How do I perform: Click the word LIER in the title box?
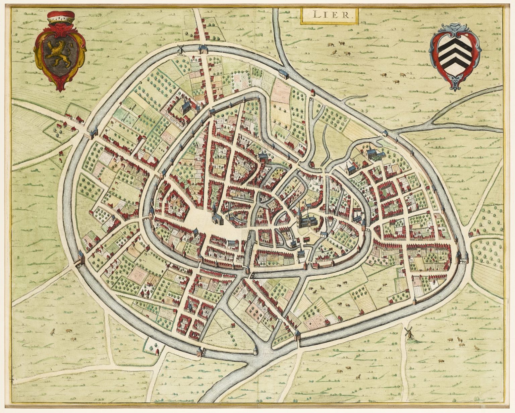point(329,15)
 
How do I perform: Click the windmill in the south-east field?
point(408,333)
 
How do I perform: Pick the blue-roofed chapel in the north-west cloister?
point(185,107)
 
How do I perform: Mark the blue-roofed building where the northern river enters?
point(283,73)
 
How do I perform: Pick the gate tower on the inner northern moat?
point(212,112)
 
